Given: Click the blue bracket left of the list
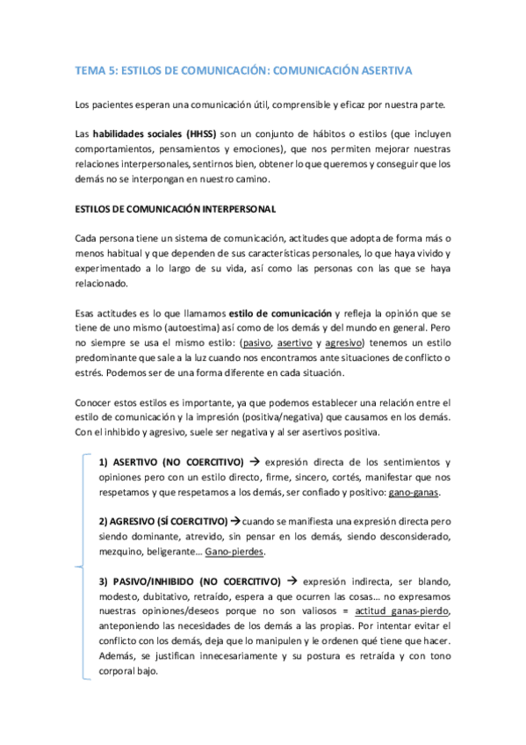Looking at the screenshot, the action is click(83, 563).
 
